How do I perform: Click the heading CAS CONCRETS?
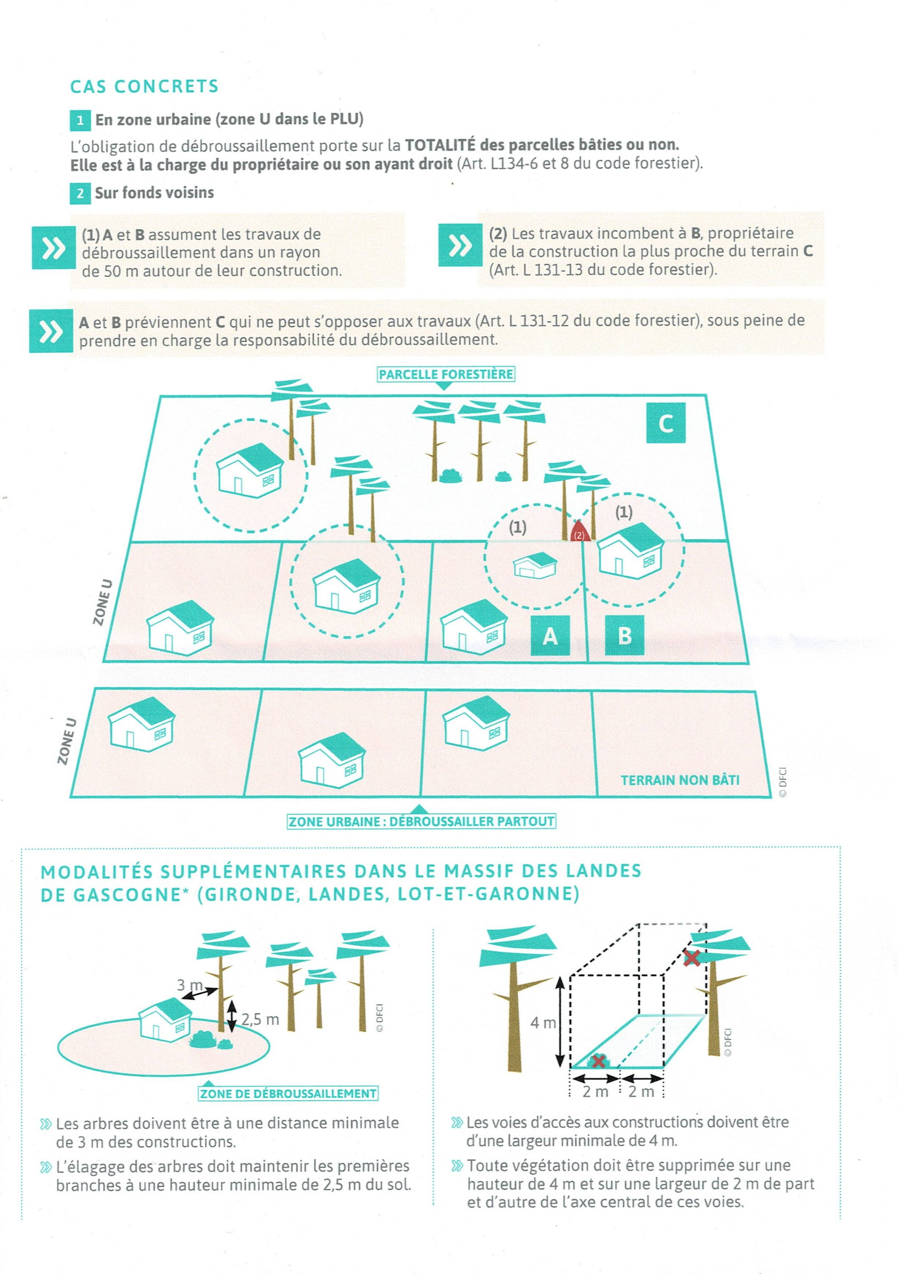144,87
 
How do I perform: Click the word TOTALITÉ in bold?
440,145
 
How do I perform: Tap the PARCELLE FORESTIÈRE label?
446,375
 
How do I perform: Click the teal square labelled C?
665,423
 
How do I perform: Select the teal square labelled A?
550,636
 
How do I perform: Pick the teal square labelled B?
625,636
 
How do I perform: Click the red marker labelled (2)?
578,533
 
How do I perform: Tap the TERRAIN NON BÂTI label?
679,780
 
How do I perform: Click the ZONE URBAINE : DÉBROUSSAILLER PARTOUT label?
421,822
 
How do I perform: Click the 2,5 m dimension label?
260,1019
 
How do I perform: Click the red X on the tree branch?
691,957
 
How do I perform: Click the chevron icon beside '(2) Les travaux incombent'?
460,245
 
